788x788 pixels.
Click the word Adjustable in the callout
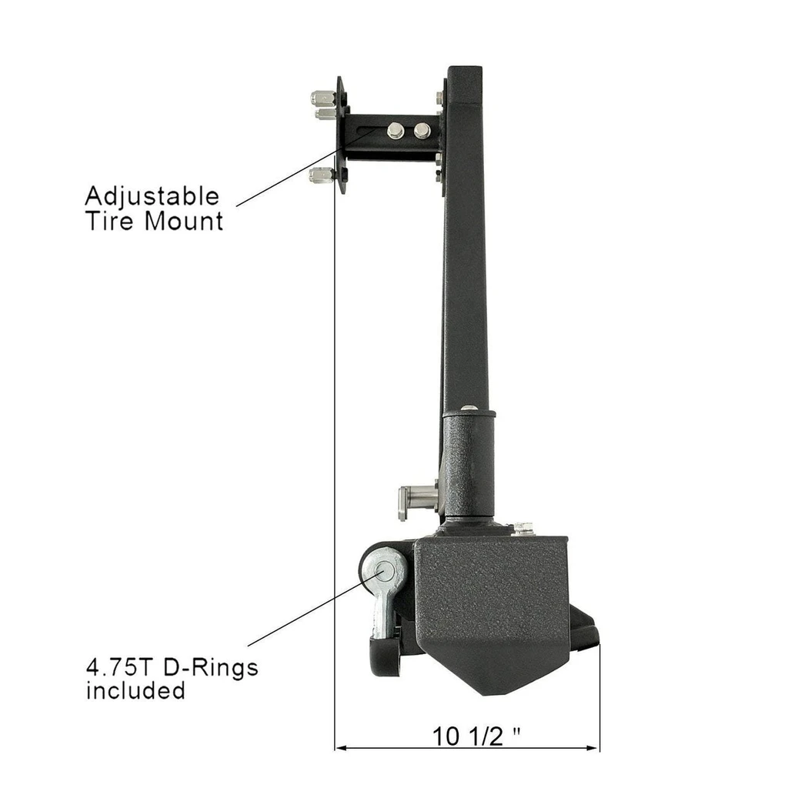[x=152, y=196]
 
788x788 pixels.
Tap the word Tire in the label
[x=111, y=221]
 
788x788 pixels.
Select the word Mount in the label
[x=184, y=221]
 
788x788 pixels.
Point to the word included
[x=135, y=690]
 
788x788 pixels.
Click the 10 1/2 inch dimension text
[x=476, y=736]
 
